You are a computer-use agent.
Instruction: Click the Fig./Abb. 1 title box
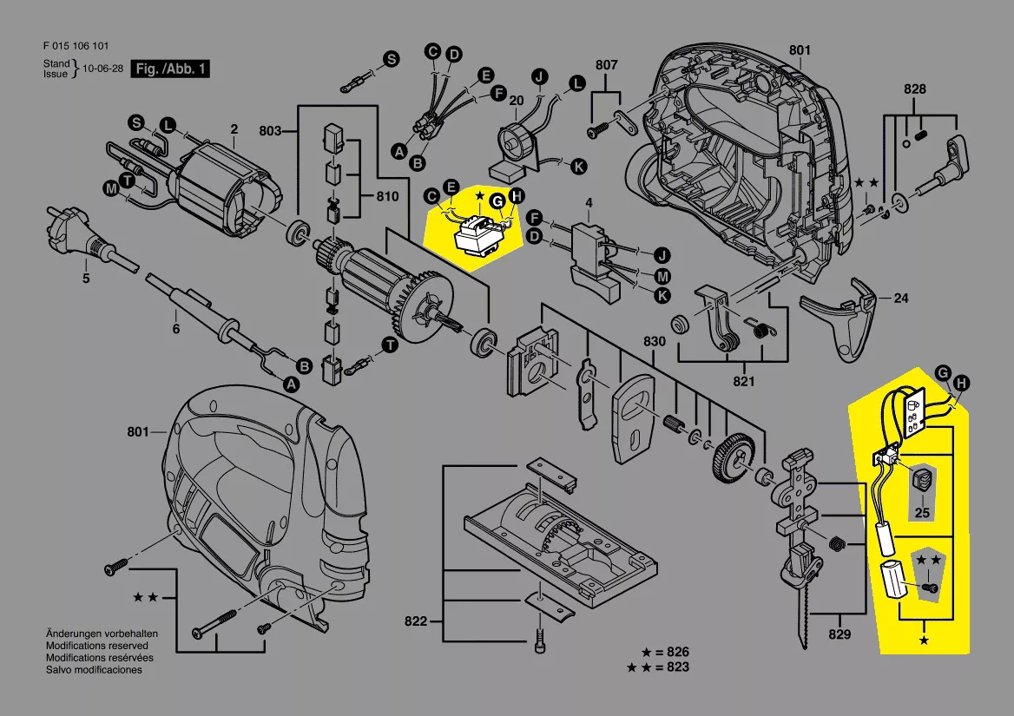point(170,69)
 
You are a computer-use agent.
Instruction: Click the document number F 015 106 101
point(76,46)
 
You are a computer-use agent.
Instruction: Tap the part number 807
point(606,65)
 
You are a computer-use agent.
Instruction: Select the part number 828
point(914,89)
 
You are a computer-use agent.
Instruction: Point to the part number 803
point(270,131)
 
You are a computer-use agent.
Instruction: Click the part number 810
point(387,197)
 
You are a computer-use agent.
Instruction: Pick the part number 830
point(654,342)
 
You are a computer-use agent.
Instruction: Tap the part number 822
point(417,621)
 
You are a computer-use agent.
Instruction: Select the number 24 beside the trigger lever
point(901,299)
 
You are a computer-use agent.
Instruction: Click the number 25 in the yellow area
point(922,513)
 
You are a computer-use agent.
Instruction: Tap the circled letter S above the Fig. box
point(392,59)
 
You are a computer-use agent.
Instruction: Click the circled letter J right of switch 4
point(662,255)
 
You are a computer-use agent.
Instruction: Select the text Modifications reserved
point(96,646)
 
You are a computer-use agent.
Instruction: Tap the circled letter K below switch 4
point(662,296)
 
